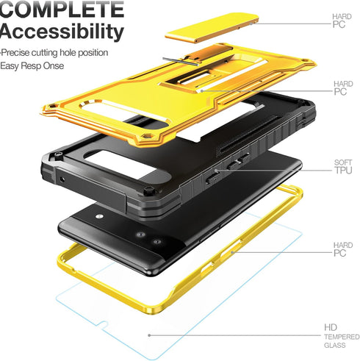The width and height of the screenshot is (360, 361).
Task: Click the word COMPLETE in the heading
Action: click(x=62, y=9)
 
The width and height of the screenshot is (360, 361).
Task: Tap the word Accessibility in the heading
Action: click(x=62, y=32)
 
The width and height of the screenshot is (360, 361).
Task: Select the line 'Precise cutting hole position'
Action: click(x=54, y=53)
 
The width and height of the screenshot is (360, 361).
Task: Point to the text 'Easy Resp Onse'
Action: click(x=32, y=66)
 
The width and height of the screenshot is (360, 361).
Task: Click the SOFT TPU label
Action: click(x=343, y=167)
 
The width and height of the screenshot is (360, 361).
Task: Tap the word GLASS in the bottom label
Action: click(x=335, y=346)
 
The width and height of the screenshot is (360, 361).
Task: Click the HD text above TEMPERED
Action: click(x=331, y=327)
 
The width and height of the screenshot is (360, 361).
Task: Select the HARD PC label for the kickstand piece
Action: click(x=342, y=21)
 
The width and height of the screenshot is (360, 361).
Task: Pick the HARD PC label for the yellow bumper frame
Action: click(x=343, y=249)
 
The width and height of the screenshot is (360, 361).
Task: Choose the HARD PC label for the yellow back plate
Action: click(x=343, y=87)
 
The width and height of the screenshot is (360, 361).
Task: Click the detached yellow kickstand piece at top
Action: click(x=212, y=27)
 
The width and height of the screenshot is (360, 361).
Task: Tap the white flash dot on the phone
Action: click(x=99, y=216)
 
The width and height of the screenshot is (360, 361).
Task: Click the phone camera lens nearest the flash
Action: click(x=140, y=235)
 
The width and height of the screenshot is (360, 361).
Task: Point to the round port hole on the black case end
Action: click(x=62, y=179)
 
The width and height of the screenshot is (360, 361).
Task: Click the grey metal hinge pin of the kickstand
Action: click(x=180, y=62)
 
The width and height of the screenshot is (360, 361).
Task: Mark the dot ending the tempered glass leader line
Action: click(x=149, y=335)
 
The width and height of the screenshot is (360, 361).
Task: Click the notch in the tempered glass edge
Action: click(x=104, y=324)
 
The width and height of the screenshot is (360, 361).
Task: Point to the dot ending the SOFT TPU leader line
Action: click(x=216, y=170)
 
